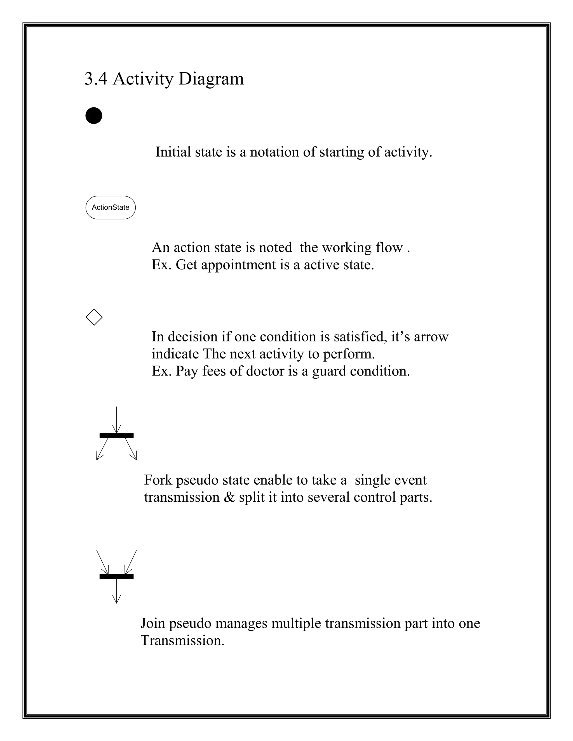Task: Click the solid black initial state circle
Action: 94,116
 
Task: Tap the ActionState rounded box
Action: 110,207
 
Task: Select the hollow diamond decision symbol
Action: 94,317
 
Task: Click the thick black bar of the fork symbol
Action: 116,435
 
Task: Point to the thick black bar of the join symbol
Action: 116,577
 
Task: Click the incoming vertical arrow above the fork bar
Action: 116,419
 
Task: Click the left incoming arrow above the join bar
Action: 102,562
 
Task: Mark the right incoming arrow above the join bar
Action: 131,562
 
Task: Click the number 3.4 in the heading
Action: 96,79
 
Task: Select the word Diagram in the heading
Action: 211,79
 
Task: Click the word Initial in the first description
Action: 173,152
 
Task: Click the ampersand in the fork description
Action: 229,497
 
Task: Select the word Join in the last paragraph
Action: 152,623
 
